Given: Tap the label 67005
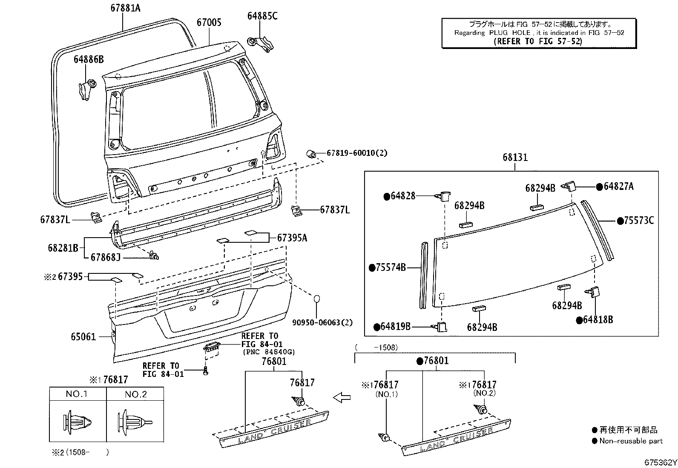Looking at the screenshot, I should (209, 22).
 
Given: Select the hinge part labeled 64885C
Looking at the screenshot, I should (260, 43).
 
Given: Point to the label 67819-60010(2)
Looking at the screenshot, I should (357, 153).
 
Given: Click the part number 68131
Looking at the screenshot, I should (515, 157).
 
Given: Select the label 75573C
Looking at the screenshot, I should (638, 221).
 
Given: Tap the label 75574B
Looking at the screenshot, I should (390, 267).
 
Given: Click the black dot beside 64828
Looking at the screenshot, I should (387, 196).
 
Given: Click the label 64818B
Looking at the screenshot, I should (598, 320).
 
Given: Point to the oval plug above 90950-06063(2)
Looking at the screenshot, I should (318, 299).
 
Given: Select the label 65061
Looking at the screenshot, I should (83, 337).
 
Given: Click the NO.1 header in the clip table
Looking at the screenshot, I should (77, 394).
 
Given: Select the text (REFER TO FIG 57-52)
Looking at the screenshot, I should (537, 41).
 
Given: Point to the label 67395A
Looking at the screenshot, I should (292, 238).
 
